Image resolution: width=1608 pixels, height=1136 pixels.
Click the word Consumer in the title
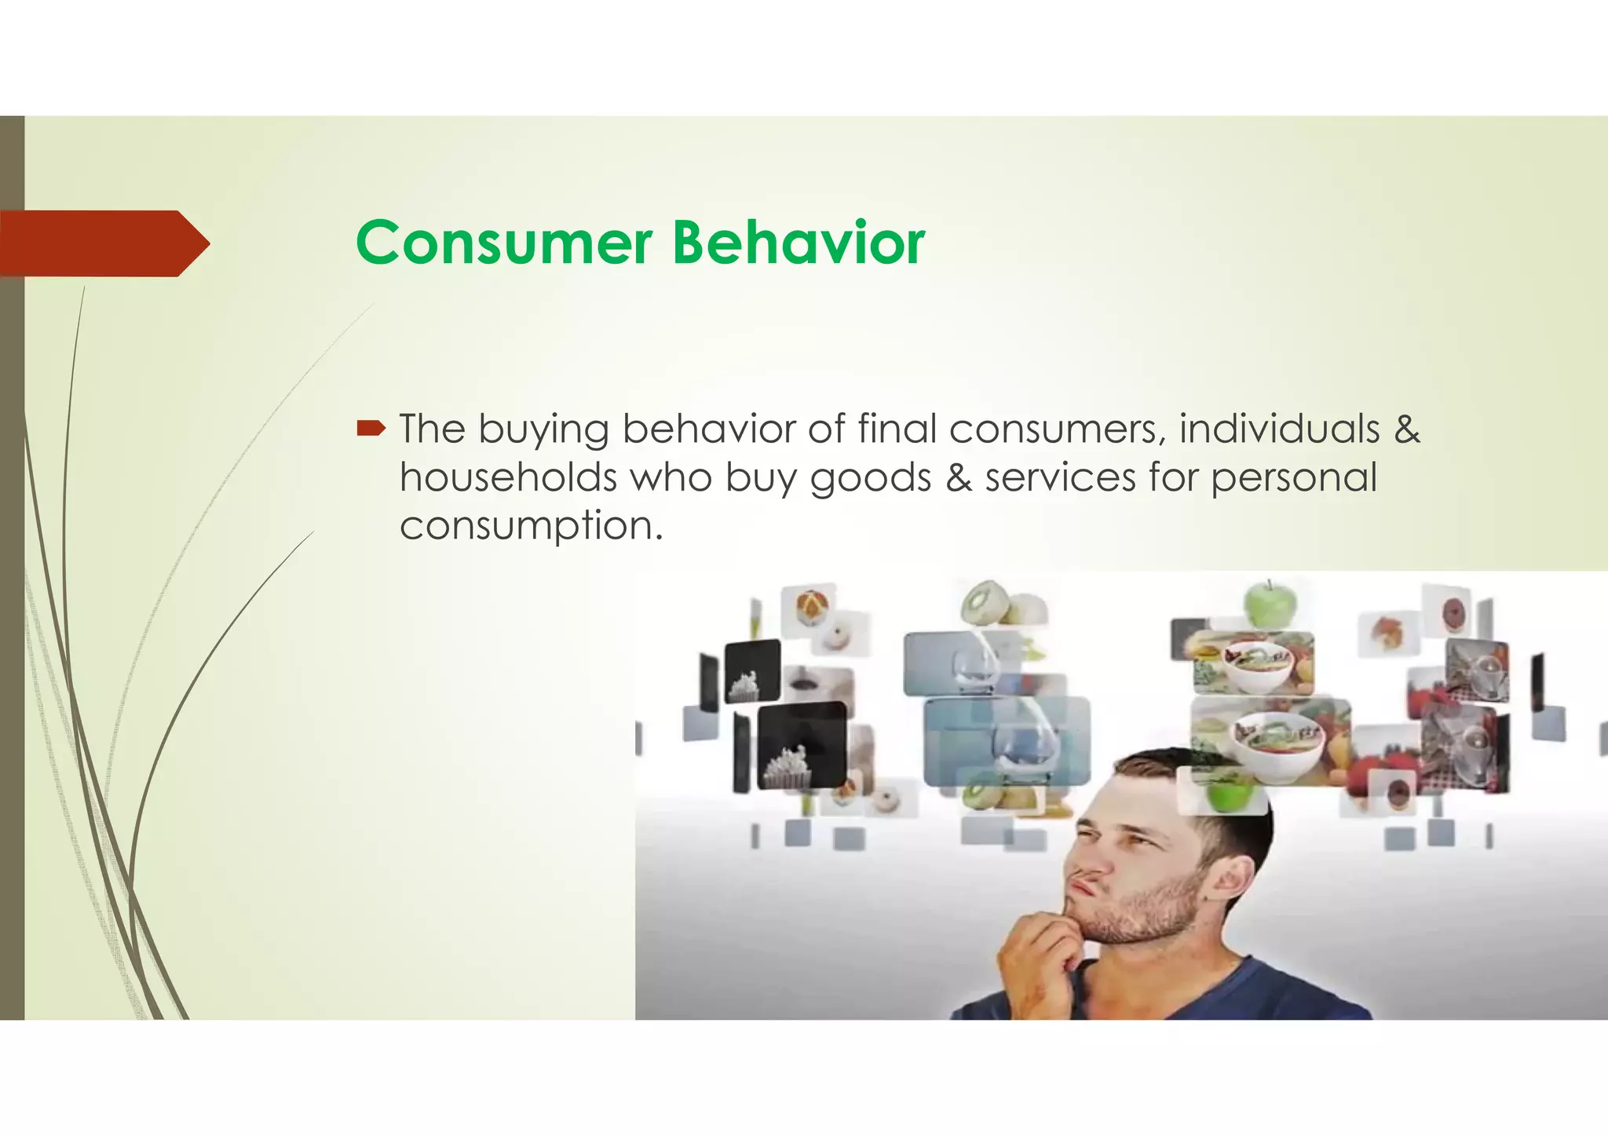[503, 243]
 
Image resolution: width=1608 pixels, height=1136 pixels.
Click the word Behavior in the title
[799, 243]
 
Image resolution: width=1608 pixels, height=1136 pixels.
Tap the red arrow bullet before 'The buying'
[371, 429]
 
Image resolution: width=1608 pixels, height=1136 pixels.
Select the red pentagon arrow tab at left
[102, 243]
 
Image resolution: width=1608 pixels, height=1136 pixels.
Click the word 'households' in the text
[508, 477]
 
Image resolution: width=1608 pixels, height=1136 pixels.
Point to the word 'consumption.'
[532, 526]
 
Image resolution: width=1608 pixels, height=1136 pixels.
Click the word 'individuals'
[1279, 429]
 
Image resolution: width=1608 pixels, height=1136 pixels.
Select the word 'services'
[1060, 477]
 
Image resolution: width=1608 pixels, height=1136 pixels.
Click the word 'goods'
[870, 479]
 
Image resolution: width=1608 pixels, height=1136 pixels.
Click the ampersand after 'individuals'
[1407, 429]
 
